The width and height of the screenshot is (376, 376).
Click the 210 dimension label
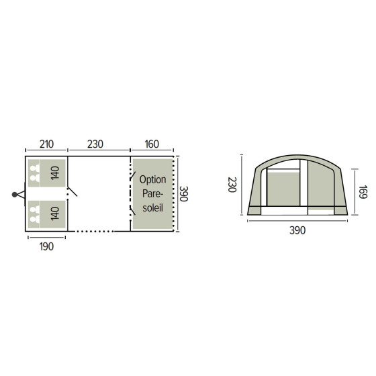(x=46, y=144)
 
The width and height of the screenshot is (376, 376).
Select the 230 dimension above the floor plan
(x=95, y=144)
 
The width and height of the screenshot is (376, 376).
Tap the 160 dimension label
(x=152, y=144)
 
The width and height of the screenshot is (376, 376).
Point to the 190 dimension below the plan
(x=46, y=246)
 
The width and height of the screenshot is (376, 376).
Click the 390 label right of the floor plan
(x=183, y=194)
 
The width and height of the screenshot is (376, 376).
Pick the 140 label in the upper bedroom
(x=55, y=173)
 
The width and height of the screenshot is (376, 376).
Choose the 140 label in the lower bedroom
(x=55, y=214)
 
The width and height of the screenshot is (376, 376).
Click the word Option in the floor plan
(x=153, y=180)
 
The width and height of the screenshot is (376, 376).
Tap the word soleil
(x=153, y=207)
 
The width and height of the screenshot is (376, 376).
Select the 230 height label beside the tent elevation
(x=232, y=185)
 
